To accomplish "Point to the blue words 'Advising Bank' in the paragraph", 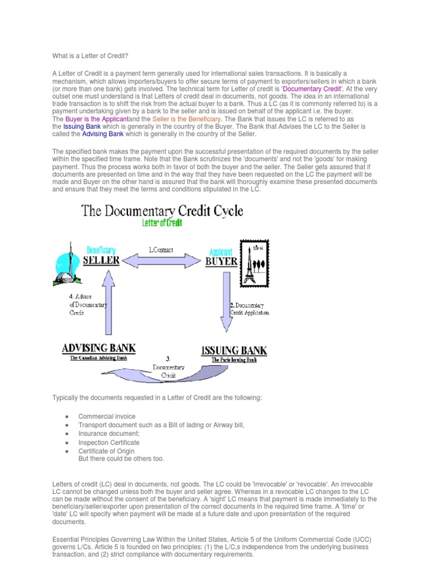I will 103,134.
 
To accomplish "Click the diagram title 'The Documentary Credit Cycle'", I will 162,211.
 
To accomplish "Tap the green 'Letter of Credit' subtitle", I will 162,222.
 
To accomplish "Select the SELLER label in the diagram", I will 101,260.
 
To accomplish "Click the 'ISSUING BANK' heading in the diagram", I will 234,351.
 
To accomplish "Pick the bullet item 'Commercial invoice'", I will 107,417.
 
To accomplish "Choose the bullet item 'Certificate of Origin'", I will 107,451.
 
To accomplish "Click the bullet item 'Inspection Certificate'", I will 109,443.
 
